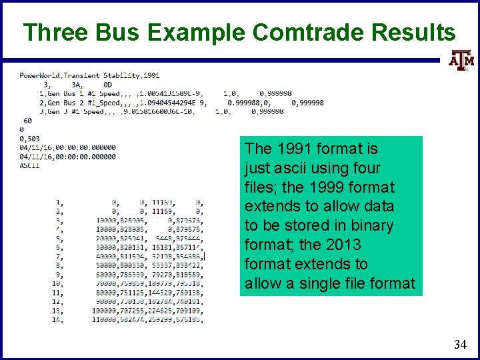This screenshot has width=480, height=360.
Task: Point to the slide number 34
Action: (459, 345)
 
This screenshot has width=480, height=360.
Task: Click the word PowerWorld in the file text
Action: (40, 75)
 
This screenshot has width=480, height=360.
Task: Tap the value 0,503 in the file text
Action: (31, 138)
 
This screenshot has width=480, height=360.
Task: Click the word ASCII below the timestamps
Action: (30, 165)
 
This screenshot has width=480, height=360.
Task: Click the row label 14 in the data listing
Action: (59, 320)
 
